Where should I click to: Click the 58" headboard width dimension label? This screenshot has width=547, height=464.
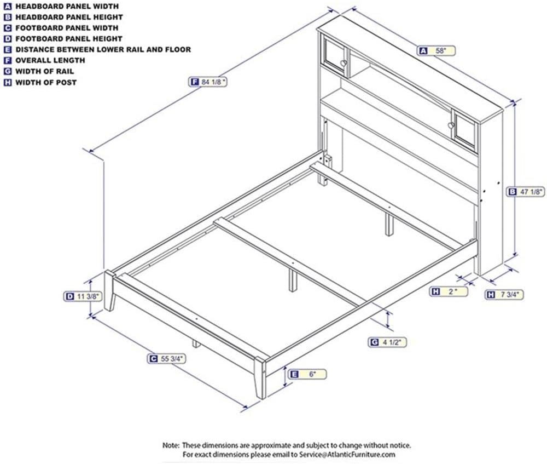(x=437, y=50)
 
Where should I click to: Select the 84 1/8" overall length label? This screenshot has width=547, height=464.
(x=208, y=82)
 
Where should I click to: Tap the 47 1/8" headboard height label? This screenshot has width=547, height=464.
(x=526, y=192)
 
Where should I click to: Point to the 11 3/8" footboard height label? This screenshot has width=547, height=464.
(x=83, y=296)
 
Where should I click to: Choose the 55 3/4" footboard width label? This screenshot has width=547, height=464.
(x=167, y=359)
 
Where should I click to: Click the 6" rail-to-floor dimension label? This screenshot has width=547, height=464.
(x=307, y=374)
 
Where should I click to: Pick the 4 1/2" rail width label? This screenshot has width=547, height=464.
(x=388, y=342)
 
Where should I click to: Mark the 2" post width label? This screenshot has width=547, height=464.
(x=449, y=291)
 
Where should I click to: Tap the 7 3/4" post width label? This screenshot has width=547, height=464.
(x=504, y=295)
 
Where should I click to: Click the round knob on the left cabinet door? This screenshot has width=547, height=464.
(x=344, y=63)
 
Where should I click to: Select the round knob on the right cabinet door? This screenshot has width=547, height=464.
(x=451, y=125)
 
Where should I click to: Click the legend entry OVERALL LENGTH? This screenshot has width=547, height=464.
(x=44, y=60)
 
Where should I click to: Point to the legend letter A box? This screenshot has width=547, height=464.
(x=7, y=6)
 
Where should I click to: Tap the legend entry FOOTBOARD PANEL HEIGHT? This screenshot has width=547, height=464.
(x=63, y=39)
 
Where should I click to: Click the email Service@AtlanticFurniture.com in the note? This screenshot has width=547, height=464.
(x=347, y=455)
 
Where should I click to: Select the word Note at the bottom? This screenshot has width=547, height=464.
(x=171, y=445)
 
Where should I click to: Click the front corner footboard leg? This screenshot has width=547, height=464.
(x=260, y=378)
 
